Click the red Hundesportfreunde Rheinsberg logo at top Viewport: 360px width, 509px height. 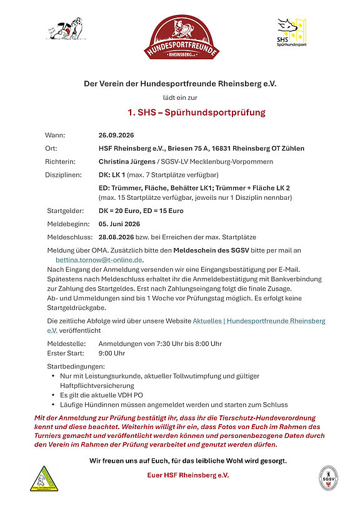click(180, 39)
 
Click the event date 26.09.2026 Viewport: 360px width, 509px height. click(116, 135)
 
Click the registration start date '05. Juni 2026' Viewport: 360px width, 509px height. click(119, 224)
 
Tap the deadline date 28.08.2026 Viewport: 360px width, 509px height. click(117, 237)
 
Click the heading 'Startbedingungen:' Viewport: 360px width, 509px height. click(76, 366)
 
